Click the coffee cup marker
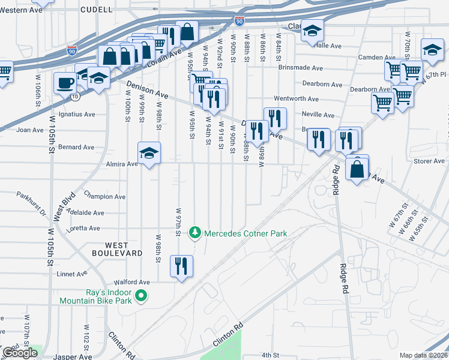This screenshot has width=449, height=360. coord(65,83)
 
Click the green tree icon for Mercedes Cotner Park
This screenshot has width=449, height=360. coord(194,232)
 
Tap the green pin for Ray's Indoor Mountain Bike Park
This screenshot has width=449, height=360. coord(142,295)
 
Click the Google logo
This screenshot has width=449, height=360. coord(20,353)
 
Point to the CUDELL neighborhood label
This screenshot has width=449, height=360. coord(95,10)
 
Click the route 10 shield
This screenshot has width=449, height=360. coord(74,96)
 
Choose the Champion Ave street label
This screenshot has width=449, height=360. coord(104,196)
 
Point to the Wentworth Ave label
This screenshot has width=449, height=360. coord(296,98)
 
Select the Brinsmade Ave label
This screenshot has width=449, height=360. coord(301,68)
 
